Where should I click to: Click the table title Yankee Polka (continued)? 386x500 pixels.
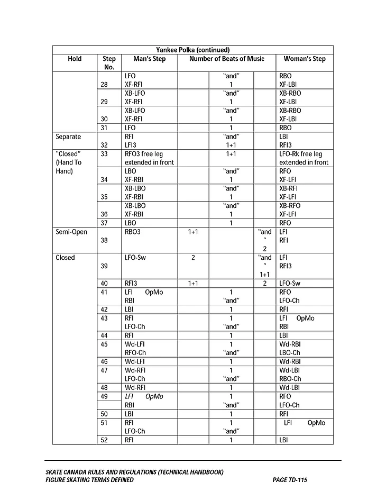click(x=192, y=50)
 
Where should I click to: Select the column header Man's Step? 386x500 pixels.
click(x=145, y=59)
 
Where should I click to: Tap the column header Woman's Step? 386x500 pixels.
click(x=305, y=59)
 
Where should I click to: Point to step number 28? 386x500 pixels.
click(x=104, y=84)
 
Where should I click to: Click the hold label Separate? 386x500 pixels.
click(x=68, y=137)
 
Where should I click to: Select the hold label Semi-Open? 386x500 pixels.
click(x=71, y=232)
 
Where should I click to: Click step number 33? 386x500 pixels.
click(x=104, y=154)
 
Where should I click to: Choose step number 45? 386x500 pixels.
click(x=104, y=344)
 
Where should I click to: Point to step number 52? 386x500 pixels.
click(x=104, y=440)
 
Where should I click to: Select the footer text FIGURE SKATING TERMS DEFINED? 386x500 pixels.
click(x=89, y=480)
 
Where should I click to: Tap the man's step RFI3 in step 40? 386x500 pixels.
click(x=131, y=284)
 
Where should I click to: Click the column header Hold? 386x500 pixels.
click(x=75, y=59)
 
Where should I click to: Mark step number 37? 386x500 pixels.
click(x=104, y=223)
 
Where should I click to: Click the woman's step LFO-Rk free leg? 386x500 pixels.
click(x=300, y=154)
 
